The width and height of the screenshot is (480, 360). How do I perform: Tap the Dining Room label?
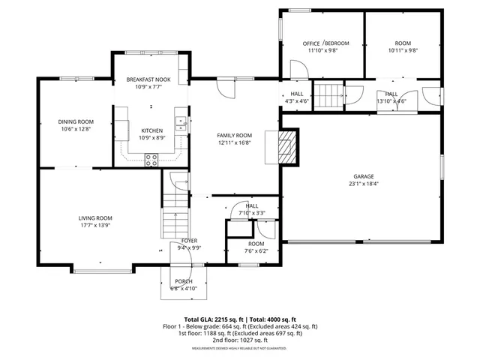tap(76, 121)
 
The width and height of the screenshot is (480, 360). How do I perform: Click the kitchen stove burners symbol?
tap(151, 160)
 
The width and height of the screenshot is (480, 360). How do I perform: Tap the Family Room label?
tap(235, 135)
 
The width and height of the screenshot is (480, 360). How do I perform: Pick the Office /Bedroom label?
tap(321, 43)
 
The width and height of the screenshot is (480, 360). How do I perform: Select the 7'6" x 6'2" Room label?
tap(256, 248)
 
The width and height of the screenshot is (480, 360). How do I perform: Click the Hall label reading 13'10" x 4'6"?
tap(391, 97)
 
